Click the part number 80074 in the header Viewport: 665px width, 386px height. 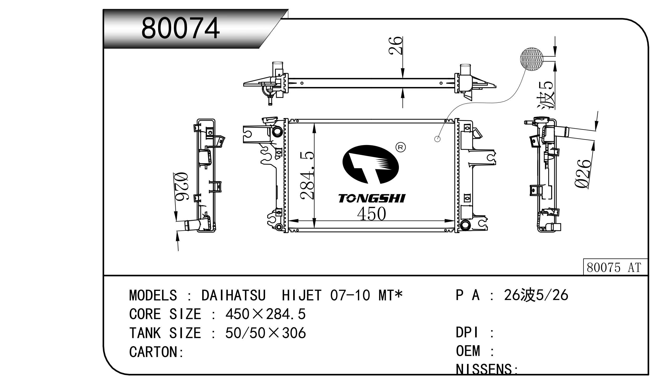click(180, 28)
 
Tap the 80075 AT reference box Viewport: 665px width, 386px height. click(616, 267)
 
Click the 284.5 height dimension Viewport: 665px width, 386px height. click(307, 175)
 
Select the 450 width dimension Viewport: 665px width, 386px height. click(372, 214)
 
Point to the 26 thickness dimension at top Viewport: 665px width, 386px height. click(395, 46)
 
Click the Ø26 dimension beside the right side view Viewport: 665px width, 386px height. click(583, 174)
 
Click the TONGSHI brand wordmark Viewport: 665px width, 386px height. click(372, 199)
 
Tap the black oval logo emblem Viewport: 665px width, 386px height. click(370, 164)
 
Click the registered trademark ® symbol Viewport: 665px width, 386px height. click(401, 147)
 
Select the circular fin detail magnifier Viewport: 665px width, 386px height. click(532, 59)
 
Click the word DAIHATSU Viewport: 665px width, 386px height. click(233, 296)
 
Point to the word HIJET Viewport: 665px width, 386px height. click(302, 296)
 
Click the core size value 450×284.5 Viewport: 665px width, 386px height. click(266, 314)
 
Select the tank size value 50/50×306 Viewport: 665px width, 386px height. click(266, 333)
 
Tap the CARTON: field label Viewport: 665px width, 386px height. click(156, 352)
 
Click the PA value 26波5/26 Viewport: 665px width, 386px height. click(536, 295)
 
